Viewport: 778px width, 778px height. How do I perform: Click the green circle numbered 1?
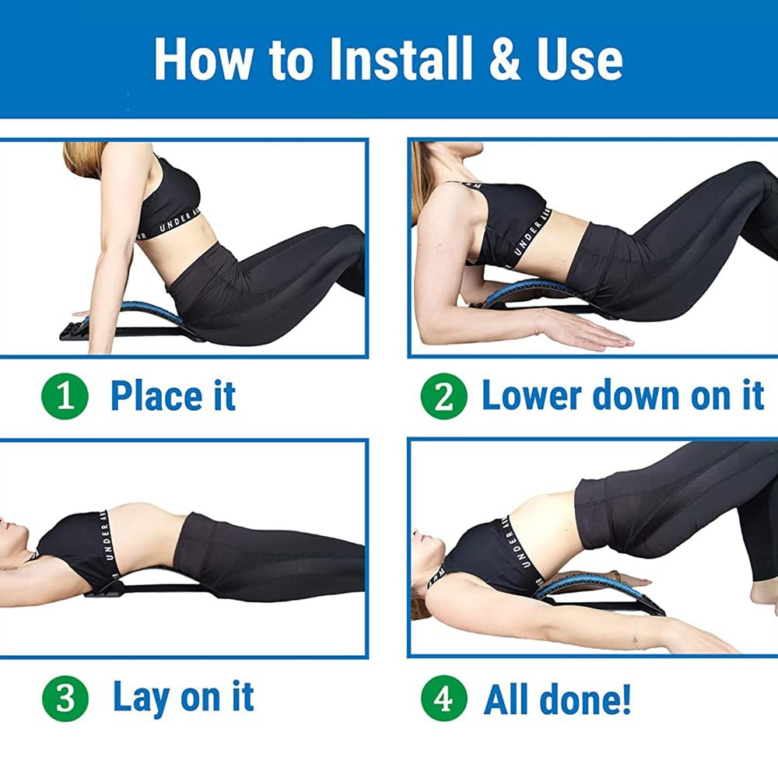(65, 396)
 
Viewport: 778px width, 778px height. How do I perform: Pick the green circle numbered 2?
(443, 396)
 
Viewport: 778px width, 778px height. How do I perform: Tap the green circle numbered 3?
(65, 698)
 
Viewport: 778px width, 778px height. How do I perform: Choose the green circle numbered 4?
(443, 698)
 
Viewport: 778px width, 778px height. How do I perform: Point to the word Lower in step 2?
(530, 395)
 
